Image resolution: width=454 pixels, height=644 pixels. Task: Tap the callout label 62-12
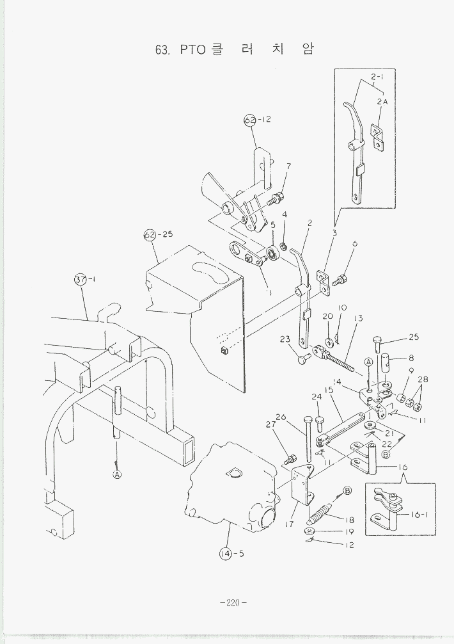pyautogui.click(x=257, y=120)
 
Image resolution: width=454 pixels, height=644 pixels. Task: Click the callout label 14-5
pyautogui.click(x=232, y=554)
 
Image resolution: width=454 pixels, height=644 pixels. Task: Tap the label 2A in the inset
pyautogui.click(x=382, y=101)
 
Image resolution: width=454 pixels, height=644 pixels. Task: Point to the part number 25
pyautogui.click(x=414, y=337)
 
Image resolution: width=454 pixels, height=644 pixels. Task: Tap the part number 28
pyautogui.click(x=423, y=380)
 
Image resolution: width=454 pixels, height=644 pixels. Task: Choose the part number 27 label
pyautogui.click(x=270, y=424)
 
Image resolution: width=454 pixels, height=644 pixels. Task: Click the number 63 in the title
pyautogui.click(x=162, y=50)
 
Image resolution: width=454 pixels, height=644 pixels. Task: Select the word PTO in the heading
pyautogui.click(x=192, y=50)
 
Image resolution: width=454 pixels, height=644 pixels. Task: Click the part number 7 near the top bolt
pyautogui.click(x=288, y=166)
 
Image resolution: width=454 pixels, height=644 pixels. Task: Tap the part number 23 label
pyautogui.click(x=285, y=340)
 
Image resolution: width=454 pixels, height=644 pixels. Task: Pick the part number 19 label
pyautogui.click(x=349, y=531)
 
